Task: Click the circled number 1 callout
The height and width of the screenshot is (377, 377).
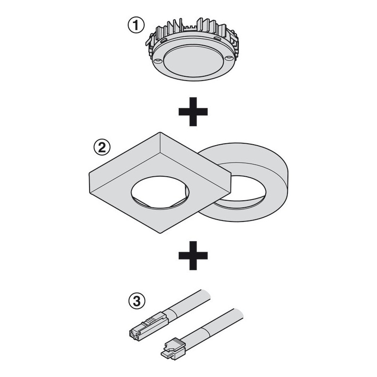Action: (136, 25)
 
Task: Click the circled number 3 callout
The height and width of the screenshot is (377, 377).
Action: (137, 301)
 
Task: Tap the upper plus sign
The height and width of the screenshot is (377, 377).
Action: (193, 112)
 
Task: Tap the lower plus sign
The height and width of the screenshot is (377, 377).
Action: (193, 255)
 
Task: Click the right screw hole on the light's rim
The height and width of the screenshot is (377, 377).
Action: (229, 58)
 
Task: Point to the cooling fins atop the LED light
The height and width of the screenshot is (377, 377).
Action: (192, 29)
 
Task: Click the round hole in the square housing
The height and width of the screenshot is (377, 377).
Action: (160, 193)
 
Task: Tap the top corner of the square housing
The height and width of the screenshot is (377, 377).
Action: (160, 132)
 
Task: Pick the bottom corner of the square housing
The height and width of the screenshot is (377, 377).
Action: (160, 233)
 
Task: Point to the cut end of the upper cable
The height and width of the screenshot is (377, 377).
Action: (207, 295)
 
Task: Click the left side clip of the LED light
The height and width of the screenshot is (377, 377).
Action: (150, 40)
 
